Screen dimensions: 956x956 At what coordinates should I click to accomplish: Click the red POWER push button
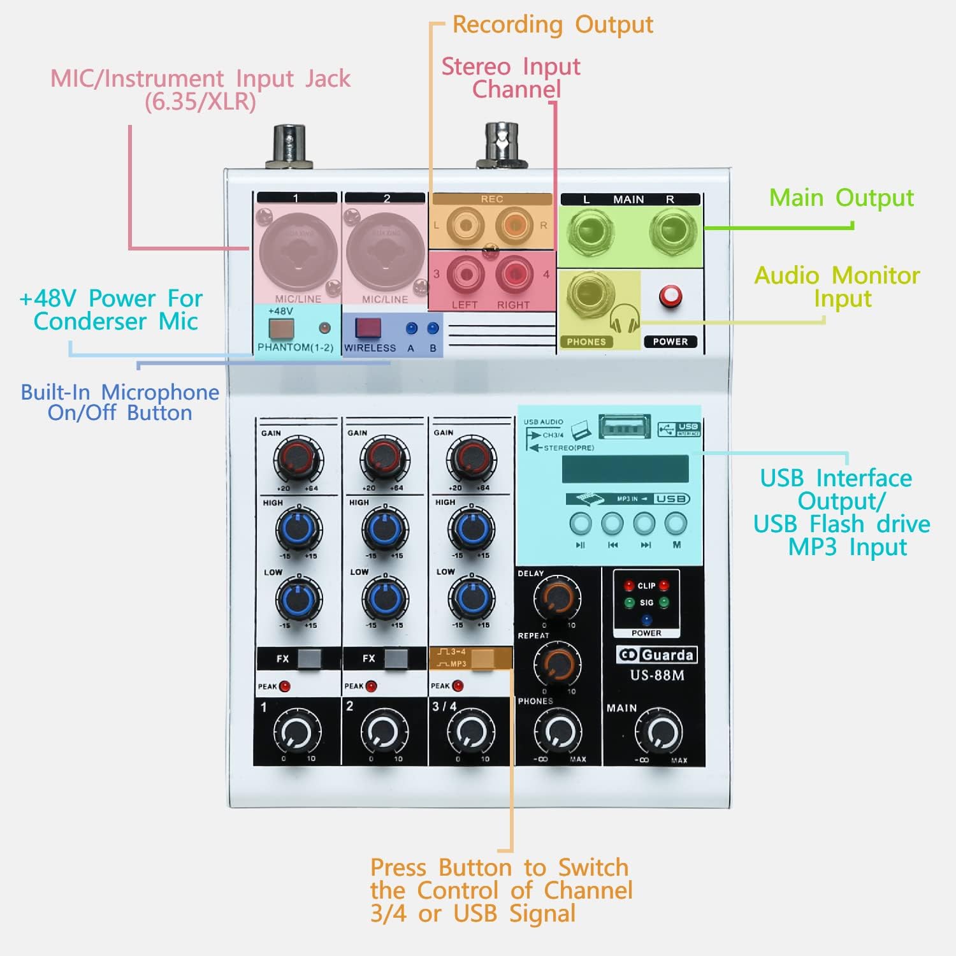[670, 296]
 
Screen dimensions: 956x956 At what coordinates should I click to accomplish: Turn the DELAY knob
[558, 596]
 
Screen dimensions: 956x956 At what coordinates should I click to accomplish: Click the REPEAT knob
[557, 663]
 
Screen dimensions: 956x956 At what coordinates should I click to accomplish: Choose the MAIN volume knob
[658, 734]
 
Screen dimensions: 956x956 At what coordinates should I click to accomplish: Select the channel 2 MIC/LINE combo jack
[385, 252]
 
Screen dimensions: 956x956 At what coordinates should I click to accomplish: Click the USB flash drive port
[624, 426]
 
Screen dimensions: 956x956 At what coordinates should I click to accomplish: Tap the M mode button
[676, 524]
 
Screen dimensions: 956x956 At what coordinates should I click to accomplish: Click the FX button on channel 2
[395, 658]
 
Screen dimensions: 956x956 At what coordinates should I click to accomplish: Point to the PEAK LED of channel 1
[284, 686]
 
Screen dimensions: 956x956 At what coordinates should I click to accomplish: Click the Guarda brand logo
[657, 655]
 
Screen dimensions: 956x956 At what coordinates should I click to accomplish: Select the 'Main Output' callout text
[841, 198]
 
